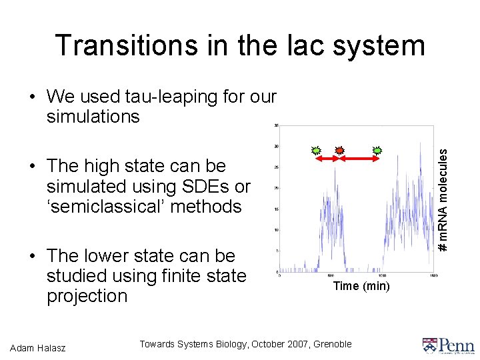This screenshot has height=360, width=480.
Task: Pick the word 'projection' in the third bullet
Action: (87, 296)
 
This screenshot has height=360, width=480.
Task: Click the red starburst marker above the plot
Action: (339, 151)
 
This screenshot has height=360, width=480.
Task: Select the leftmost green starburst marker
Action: (316, 151)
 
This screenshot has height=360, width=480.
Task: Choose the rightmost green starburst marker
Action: (377, 151)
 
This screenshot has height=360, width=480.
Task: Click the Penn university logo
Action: (447, 345)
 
